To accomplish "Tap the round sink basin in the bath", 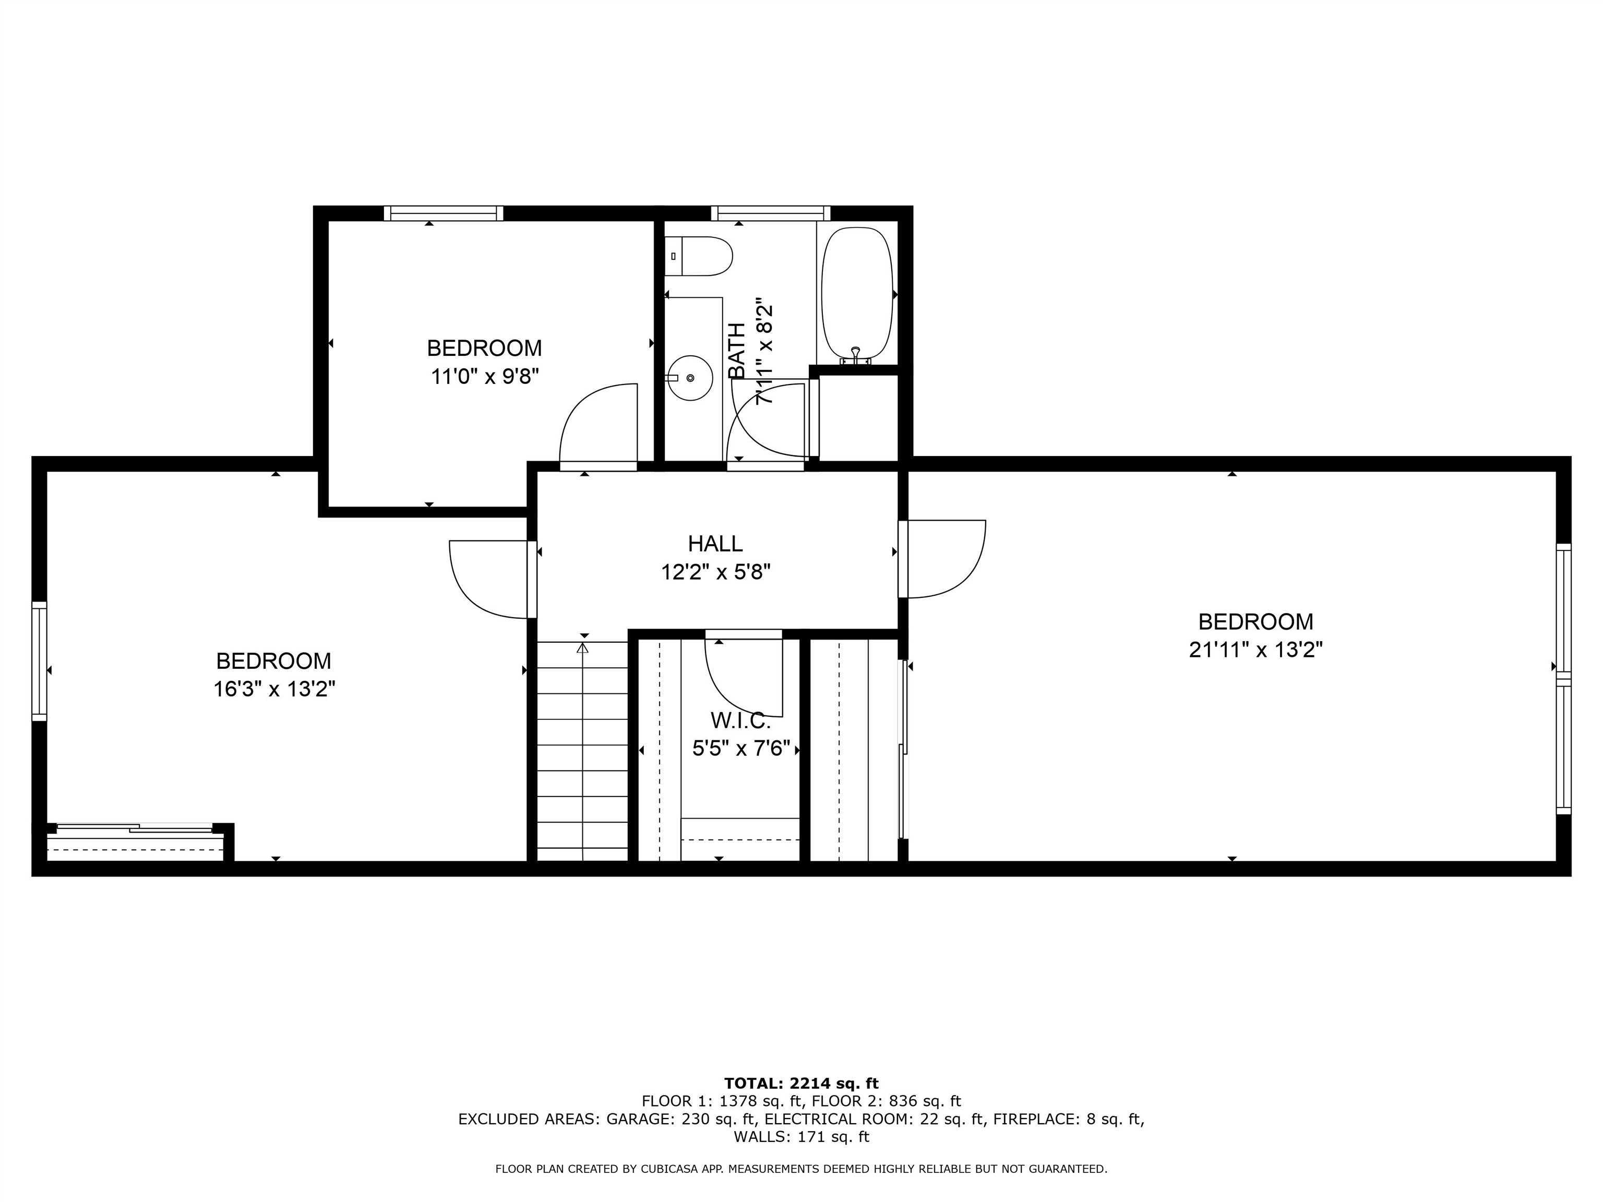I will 689,378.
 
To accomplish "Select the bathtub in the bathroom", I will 857,293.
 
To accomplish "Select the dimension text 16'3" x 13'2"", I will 274,688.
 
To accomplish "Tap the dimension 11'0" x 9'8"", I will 484,377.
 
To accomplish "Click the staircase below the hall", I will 582,753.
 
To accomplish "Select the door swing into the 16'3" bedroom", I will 489,580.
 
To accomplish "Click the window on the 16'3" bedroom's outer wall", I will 39,661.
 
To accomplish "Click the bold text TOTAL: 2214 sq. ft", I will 801,1083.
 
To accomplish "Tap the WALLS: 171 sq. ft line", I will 801,1137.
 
